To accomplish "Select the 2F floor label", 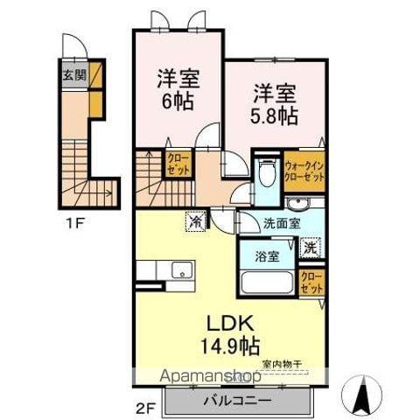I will pos(144,381).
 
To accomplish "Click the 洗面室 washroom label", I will pos(282,223).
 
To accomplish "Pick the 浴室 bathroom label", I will pos(268,258).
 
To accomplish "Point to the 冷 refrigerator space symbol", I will pos(195,222).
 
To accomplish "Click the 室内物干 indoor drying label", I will pos(280,362).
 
